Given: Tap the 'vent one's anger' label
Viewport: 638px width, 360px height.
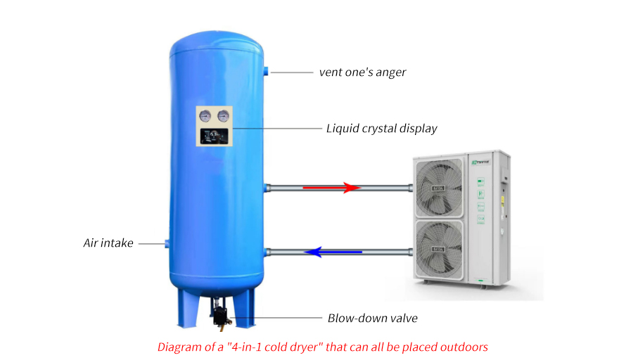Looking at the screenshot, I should tap(362, 72).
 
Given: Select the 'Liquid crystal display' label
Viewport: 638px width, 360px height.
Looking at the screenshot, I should tap(382, 129).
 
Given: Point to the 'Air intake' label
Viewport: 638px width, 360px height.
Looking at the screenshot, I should tap(108, 243).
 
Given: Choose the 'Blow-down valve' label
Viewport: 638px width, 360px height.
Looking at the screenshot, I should tap(373, 319).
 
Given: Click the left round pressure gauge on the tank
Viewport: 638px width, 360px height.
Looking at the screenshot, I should tap(205, 117).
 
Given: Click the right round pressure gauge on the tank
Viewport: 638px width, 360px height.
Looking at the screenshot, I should tap(223, 117).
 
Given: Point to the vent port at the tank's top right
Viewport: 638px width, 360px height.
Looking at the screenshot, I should tap(267, 72).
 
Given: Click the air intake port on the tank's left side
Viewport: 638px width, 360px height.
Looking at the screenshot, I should tap(167, 243).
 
